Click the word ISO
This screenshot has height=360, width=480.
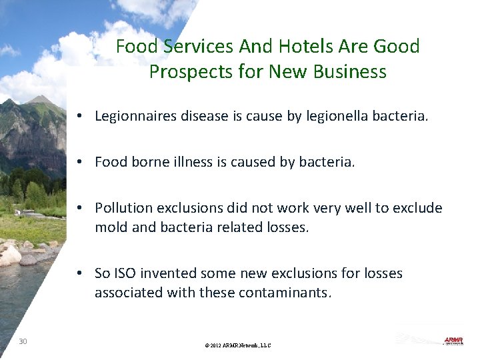click(x=124, y=273)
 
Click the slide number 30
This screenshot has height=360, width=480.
click(x=23, y=341)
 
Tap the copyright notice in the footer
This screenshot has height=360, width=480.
click(x=238, y=345)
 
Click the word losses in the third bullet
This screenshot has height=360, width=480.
click(x=287, y=227)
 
